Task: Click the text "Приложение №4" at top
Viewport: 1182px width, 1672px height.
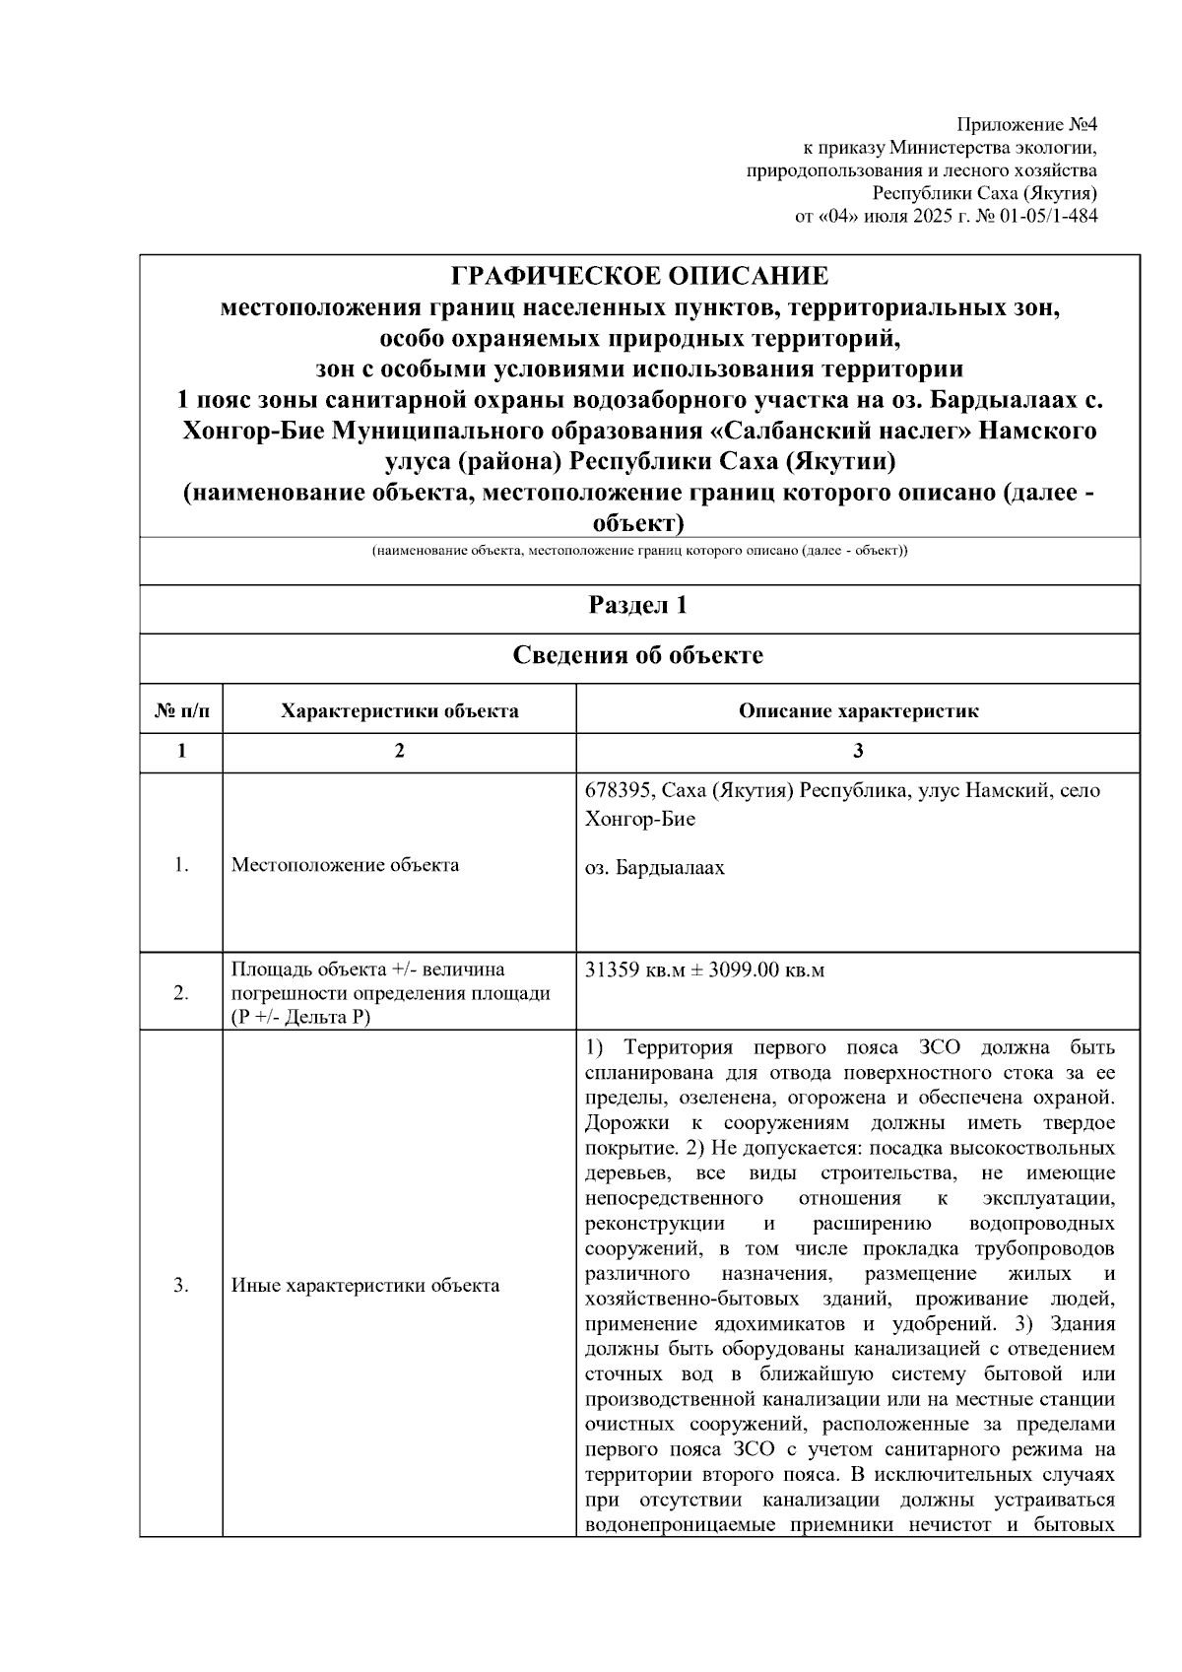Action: pos(1027,125)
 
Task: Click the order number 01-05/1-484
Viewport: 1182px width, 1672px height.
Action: pos(1048,216)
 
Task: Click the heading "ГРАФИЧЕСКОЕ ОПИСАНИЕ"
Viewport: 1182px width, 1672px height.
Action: pos(639,277)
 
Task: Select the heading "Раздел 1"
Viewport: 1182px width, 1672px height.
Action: pos(638,605)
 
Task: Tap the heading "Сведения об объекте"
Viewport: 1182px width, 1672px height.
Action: pos(638,655)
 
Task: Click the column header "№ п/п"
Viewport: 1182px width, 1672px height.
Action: pos(181,710)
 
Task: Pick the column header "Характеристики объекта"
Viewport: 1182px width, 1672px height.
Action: pos(399,710)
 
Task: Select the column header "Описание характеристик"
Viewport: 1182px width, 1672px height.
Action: pos(858,710)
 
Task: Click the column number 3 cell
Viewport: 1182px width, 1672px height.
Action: pos(858,751)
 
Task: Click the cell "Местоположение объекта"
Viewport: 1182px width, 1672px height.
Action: pos(345,865)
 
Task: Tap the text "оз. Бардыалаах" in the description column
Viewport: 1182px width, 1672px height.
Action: pos(654,868)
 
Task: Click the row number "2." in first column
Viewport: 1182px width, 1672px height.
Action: pos(181,992)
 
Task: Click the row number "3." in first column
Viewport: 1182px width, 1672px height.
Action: pos(181,1285)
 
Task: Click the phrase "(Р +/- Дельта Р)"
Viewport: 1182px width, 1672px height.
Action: pos(300,1017)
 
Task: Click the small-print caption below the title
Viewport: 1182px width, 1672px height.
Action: pos(639,551)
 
